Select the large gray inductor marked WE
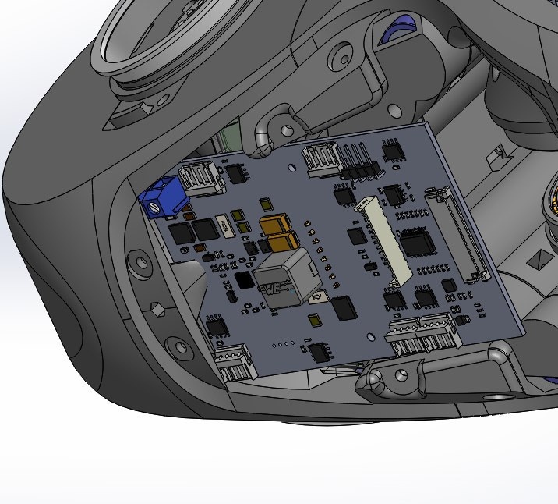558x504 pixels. (x=284, y=277)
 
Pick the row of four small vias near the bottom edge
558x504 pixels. (x=281, y=343)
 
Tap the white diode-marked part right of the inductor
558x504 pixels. (x=318, y=297)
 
